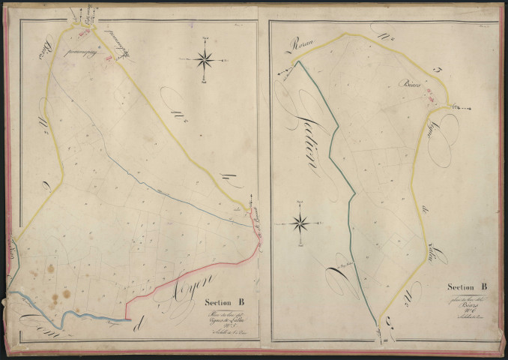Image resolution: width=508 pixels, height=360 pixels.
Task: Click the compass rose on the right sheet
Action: [300, 222]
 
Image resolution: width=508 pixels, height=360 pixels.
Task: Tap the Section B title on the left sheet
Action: [224, 303]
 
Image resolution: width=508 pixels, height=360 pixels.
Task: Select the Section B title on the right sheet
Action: [468, 286]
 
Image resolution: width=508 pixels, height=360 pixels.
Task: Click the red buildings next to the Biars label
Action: [429, 94]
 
